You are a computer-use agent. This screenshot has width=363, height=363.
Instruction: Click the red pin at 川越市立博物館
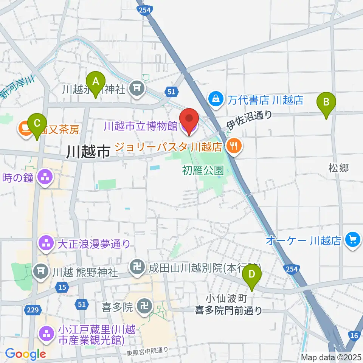click(189, 119)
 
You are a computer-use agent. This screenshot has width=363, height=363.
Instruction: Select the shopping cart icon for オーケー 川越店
click(353, 240)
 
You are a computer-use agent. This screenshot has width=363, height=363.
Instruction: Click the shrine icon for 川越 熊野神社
click(41, 271)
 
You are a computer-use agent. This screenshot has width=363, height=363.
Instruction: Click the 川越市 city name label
click(88, 152)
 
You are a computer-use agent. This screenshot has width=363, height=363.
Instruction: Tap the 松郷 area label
click(338, 168)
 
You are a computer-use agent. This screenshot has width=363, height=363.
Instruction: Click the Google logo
click(26, 354)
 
